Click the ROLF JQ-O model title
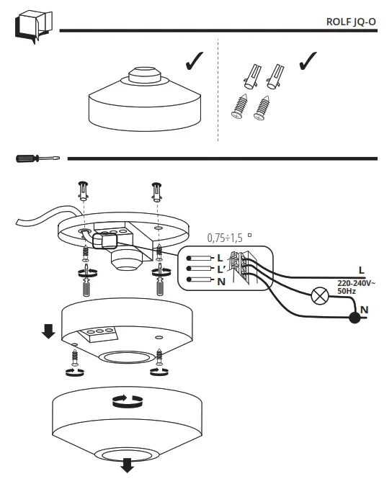pyautogui.click(x=351, y=22)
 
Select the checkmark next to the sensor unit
pyautogui.click(x=194, y=63)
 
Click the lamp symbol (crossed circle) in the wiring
pyautogui.click(x=318, y=295)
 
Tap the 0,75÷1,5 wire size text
pyautogui.click(x=226, y=236)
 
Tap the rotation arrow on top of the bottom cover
pyautogui.click(x=124, y=400)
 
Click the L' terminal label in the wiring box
pyautogui.click(x=220, y=269)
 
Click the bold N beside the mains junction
pyautogui.click(x=365, y=310)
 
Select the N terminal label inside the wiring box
pyautogui.click(x=220, y=280)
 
